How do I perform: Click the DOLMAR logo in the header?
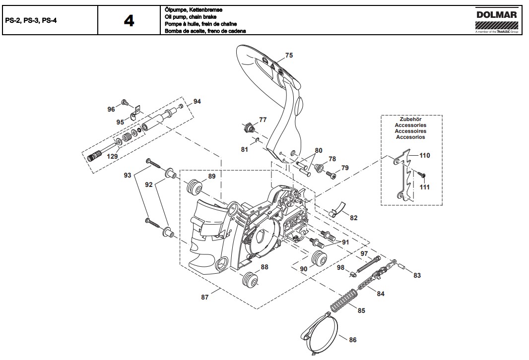coord(496,16)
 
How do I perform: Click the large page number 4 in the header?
coord(129,21)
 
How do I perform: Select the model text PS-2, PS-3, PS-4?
coord(30,21)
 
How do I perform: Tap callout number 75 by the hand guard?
coord(289,55)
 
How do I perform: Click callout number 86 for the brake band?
coord(352,340)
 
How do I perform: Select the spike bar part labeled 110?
coord(406,176)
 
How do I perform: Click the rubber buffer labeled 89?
coord(193,188)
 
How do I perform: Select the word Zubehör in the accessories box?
coord(411,120)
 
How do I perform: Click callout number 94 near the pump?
coord(198,102)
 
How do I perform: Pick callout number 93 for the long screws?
coord(127,176)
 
